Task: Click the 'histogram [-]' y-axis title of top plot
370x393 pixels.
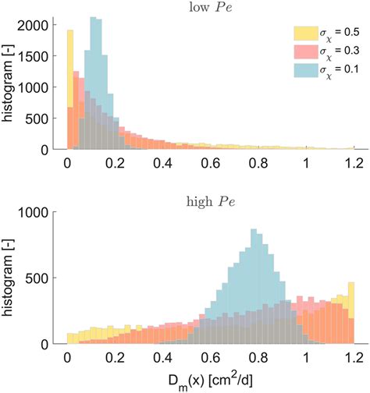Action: tap(10, 82)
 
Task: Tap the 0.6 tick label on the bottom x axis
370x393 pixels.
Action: tap(207, 358)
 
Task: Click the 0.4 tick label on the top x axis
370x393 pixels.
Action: tap(162, 164)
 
